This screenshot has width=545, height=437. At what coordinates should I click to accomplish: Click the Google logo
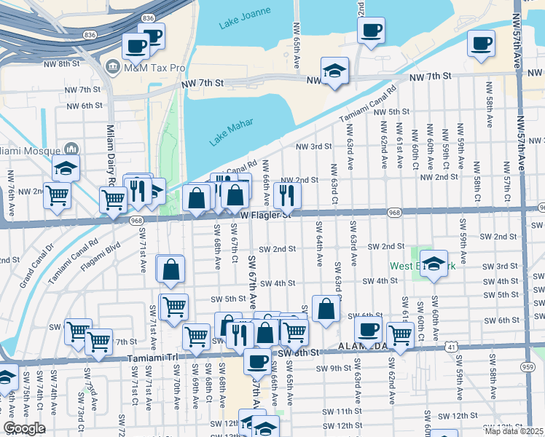click(24, 428)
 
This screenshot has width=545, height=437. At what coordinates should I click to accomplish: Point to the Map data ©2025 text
click(514, 431)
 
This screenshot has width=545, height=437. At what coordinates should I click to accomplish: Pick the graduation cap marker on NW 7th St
click(334, 71)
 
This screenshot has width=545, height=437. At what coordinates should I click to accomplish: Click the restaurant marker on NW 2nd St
click(287, 194)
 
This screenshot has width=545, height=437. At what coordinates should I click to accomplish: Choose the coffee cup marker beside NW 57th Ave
click(481, 43)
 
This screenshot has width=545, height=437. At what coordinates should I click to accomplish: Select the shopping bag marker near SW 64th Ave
click(326, 308)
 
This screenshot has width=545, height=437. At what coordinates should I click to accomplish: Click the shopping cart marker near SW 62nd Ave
click(400, 334)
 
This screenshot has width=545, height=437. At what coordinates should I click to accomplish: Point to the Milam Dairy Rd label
click(103, 154)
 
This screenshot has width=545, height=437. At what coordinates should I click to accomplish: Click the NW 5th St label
click(391, 111)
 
